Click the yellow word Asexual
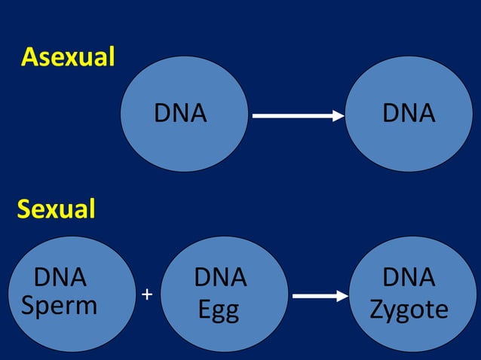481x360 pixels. pos(68,57)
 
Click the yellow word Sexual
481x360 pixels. pos(57,209)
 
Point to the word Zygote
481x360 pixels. pos(409,310)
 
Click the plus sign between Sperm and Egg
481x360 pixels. pos(147,294)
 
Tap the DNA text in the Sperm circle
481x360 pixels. pos(60,277)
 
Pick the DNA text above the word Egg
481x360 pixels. pos(220,277)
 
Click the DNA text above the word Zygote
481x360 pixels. pos(409,277)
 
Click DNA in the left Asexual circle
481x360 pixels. pos(180,113)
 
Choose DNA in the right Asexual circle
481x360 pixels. pos(409,113)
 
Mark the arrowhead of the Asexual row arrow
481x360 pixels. pos(339,116)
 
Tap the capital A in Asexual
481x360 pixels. pos(29,57)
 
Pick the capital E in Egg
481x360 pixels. pos(204,309)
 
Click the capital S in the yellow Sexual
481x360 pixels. pos(23,209)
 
